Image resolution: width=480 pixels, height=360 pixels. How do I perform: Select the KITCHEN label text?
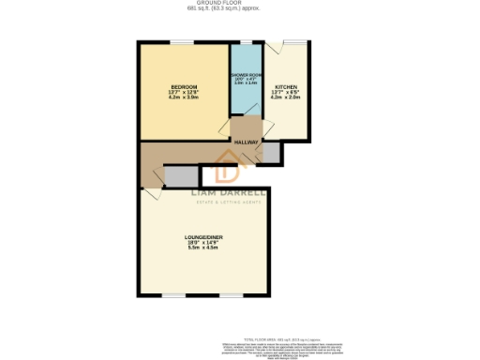[285, 87]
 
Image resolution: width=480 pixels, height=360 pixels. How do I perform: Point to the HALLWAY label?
[247, 142]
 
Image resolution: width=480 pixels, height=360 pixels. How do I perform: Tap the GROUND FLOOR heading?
[239, 4]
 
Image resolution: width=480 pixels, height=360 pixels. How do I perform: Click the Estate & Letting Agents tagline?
[230, 201]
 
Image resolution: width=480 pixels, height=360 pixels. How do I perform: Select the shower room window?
[247, 42]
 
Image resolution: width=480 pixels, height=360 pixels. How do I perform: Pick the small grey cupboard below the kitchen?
[270, 150]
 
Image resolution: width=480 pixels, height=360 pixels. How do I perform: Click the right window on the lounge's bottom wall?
[231, 296]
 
